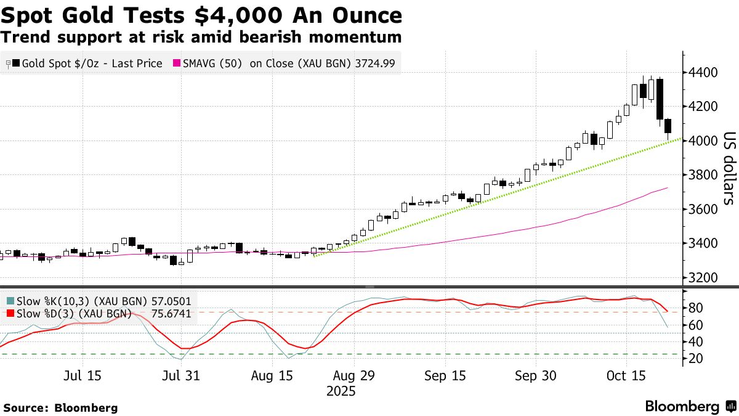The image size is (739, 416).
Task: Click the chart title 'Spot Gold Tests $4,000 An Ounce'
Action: [201, 15]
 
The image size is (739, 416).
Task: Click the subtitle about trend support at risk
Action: [201, 37]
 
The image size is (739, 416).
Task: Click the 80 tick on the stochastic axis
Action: [695, 308]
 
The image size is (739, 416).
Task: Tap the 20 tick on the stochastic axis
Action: [695, 359]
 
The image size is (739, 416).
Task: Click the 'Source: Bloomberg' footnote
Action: [60, 408]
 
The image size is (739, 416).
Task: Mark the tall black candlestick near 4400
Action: [660, 99]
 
